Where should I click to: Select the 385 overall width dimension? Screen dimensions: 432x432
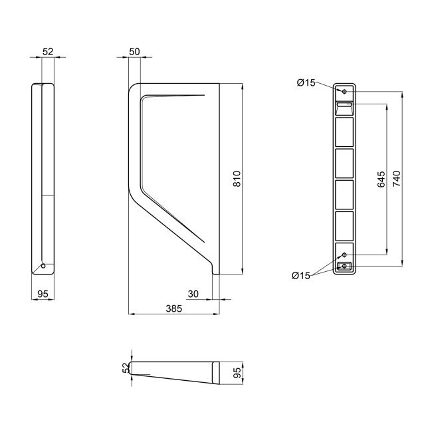173,308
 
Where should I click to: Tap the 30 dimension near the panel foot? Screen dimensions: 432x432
193,294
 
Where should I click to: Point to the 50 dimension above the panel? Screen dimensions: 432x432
135,52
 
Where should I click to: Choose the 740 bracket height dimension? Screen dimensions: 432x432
397,179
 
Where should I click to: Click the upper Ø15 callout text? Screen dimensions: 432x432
306,82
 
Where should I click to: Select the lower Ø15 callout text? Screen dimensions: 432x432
301,276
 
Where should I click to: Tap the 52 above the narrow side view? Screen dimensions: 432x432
47,52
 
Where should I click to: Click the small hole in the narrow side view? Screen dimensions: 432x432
44,266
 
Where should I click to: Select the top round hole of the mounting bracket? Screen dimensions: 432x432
344,91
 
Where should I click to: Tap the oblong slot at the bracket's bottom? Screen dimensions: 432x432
344,267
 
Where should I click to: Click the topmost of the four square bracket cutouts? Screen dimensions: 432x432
344,131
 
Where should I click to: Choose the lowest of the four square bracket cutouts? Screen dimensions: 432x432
344,225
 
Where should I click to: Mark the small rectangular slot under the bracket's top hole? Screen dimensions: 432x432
344,104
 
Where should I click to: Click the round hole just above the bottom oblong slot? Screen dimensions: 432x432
344,255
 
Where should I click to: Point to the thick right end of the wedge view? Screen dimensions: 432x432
218,374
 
